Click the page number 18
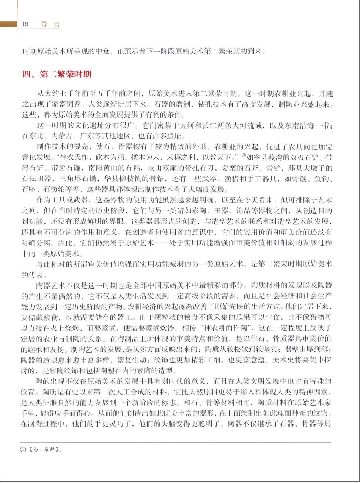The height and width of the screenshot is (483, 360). point(25,24)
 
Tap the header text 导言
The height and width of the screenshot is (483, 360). point(50,24)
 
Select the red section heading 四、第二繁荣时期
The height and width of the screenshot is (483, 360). point(57,74)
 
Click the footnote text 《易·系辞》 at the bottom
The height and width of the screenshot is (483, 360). point(44,450)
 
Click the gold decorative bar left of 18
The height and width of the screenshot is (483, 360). point(8,24)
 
